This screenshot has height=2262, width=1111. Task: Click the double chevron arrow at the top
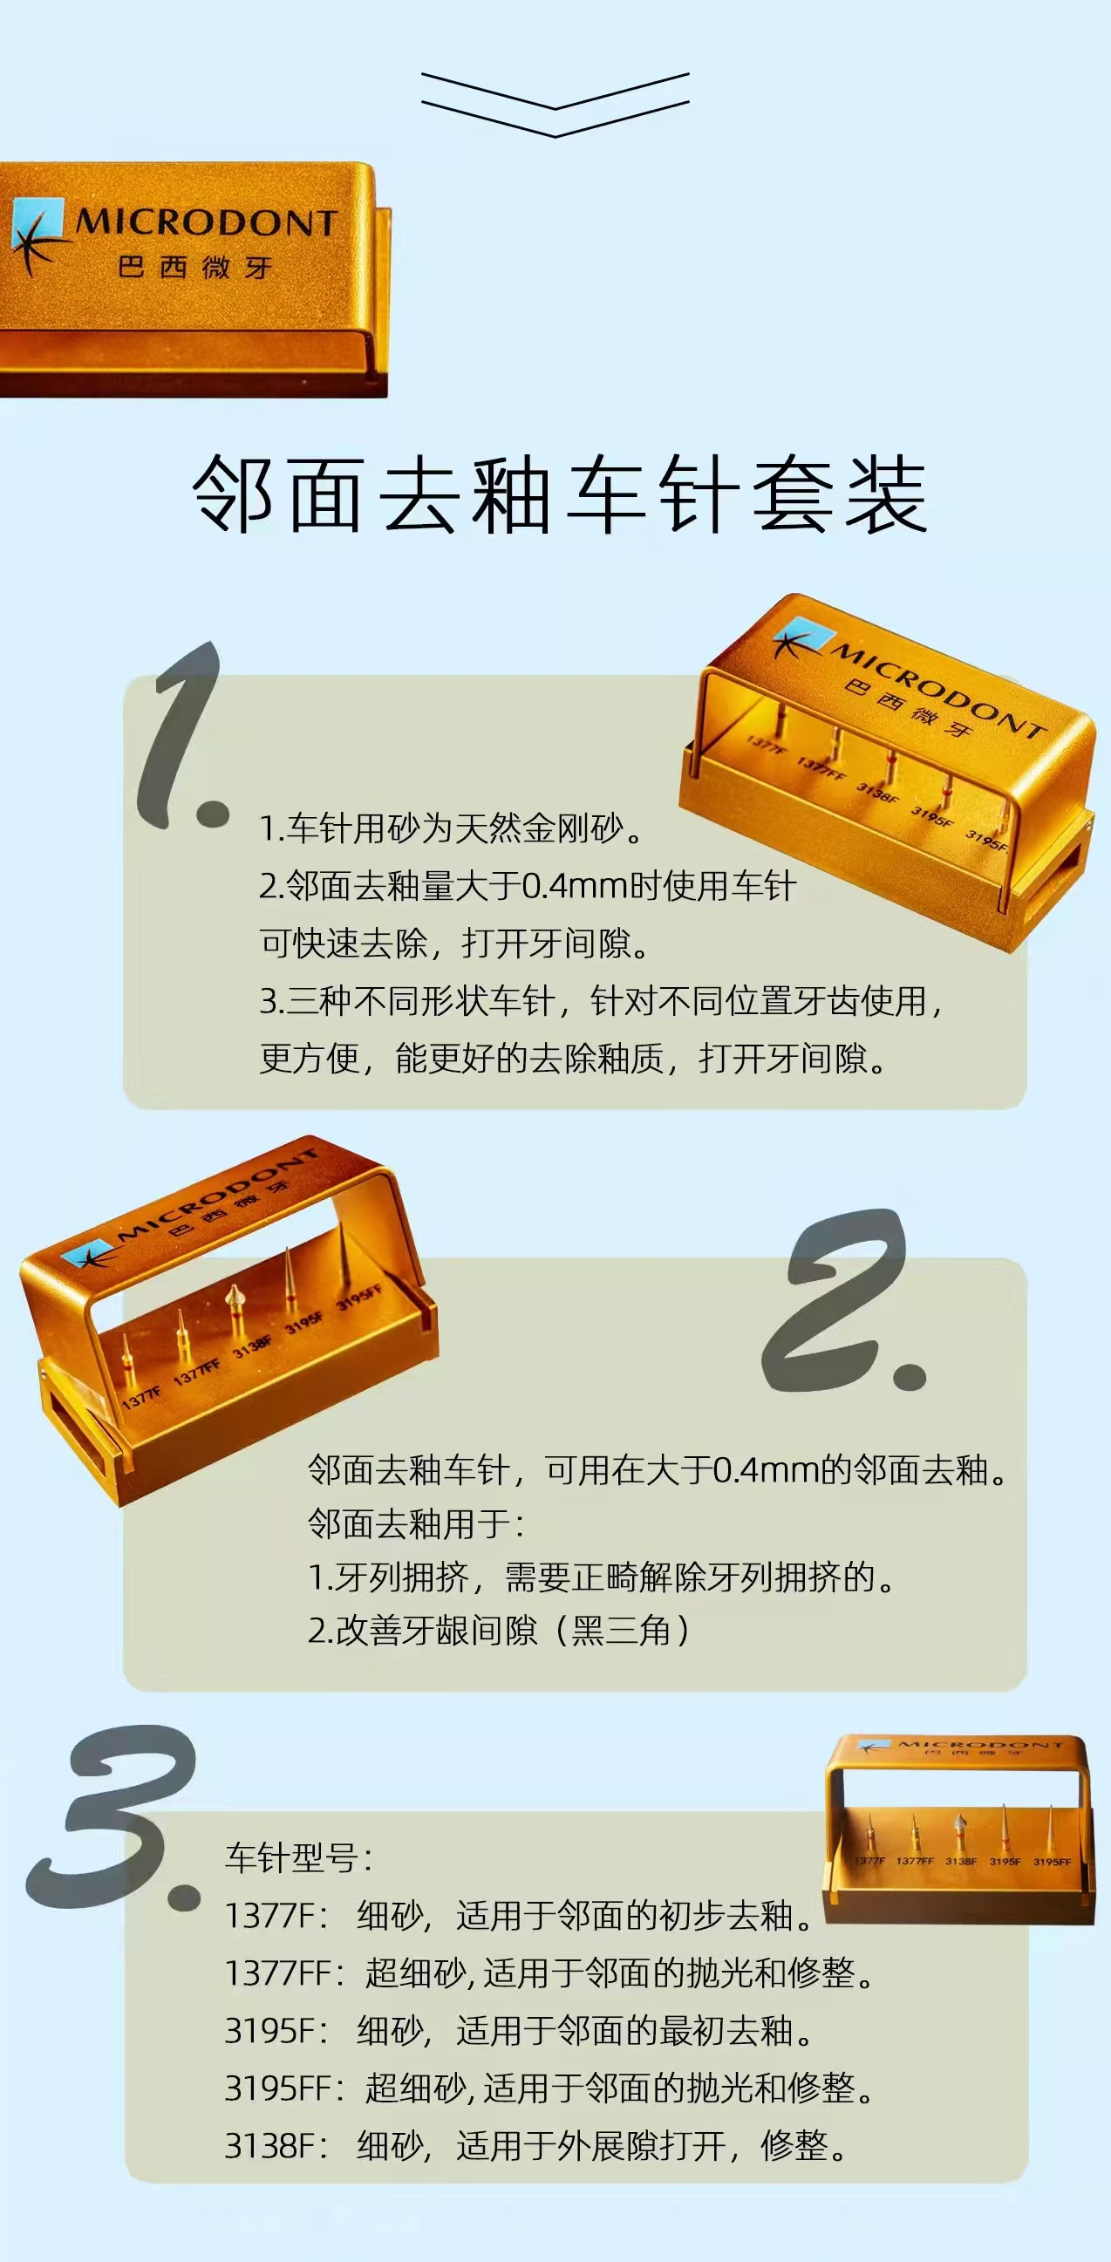[x=555, y=105]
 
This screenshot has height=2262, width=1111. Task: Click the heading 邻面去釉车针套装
[x=560, y=495]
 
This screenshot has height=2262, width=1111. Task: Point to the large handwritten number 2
[x=843, y=1304]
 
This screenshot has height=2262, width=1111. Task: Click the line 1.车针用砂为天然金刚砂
[x=452, y=828]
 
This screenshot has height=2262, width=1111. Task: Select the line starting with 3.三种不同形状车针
[x=601, y=1001]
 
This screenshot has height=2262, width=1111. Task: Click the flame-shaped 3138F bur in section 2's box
[x=234, y=1300]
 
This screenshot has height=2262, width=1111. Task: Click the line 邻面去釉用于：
[x=416, y=1523]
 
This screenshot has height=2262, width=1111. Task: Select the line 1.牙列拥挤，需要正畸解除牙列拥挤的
[x=602, y=1577]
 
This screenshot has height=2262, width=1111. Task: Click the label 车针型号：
[x=298, y=1857]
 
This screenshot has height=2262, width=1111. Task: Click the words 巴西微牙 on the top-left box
[x=195, y=267]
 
